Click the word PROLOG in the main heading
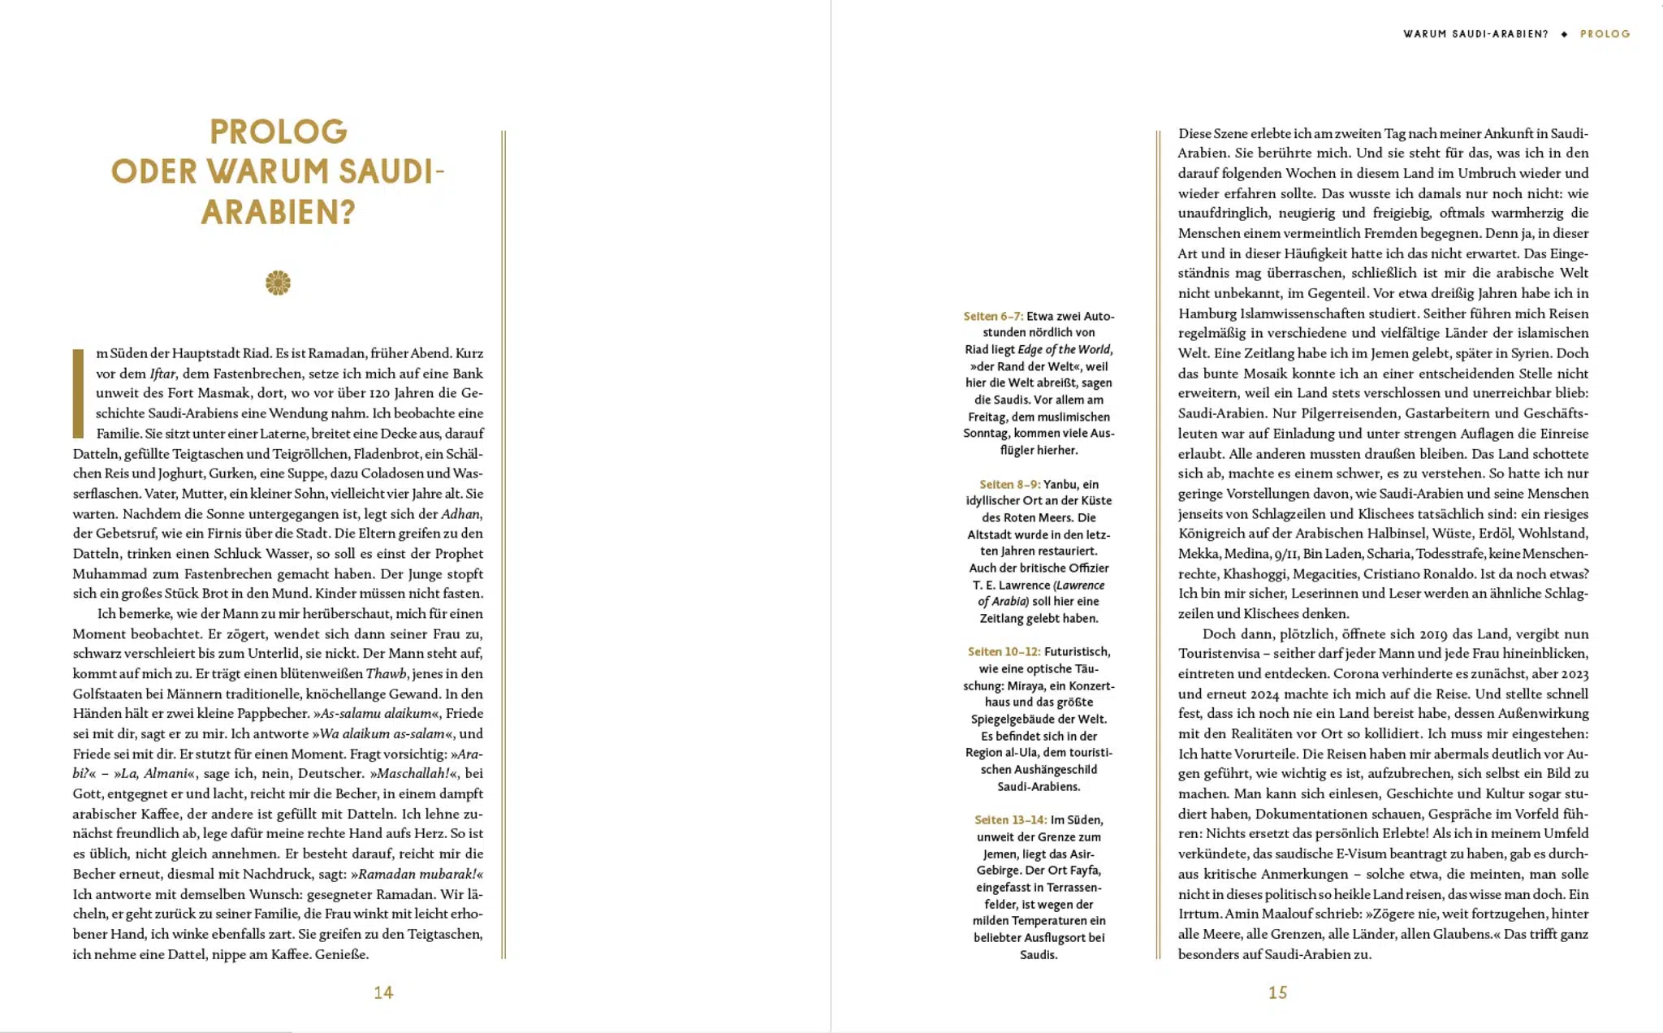click(x=279, y=132)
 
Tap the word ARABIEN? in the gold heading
click(x=279, y=213)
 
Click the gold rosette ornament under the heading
click(x=278, y=283)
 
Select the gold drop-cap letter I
click(x=79, y=393)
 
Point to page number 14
click(x=383, y=992)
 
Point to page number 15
click(x=1278, y=992)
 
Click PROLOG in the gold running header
click(x=1605, y=34)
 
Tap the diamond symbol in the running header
click(x=1564, y=34)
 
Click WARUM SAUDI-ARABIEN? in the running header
click(x=1475, y=34)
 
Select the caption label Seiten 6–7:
click(x=993, y=316)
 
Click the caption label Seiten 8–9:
click(x=1009, y=484)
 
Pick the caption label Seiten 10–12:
click(x=1004, y=651)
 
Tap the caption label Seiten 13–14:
click(x=1010, y=819)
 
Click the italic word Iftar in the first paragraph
click(x=162, y=374)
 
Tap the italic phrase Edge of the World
click(x=1065, y=349)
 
